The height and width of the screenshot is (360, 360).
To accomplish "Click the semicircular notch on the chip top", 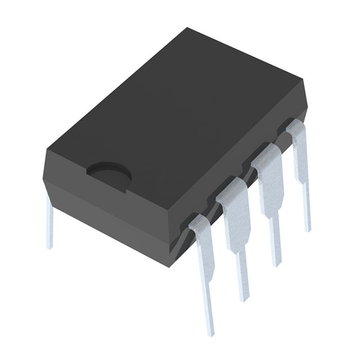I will pos(109,174).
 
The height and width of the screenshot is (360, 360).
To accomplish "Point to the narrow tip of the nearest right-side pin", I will pos(209,315).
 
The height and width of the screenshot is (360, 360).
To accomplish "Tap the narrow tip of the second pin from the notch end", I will pos(242,281).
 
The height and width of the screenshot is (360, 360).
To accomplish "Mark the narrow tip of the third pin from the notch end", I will pos(276,247).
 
